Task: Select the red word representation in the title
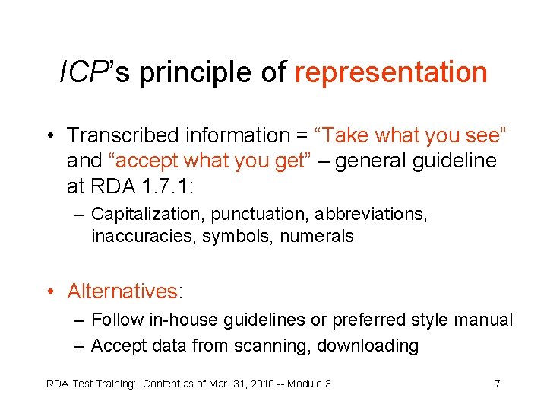[x=390, y=73]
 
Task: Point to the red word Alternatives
[x=122, y=292]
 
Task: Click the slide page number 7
[x=497, y=384]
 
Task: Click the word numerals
[x=317, y=237]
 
